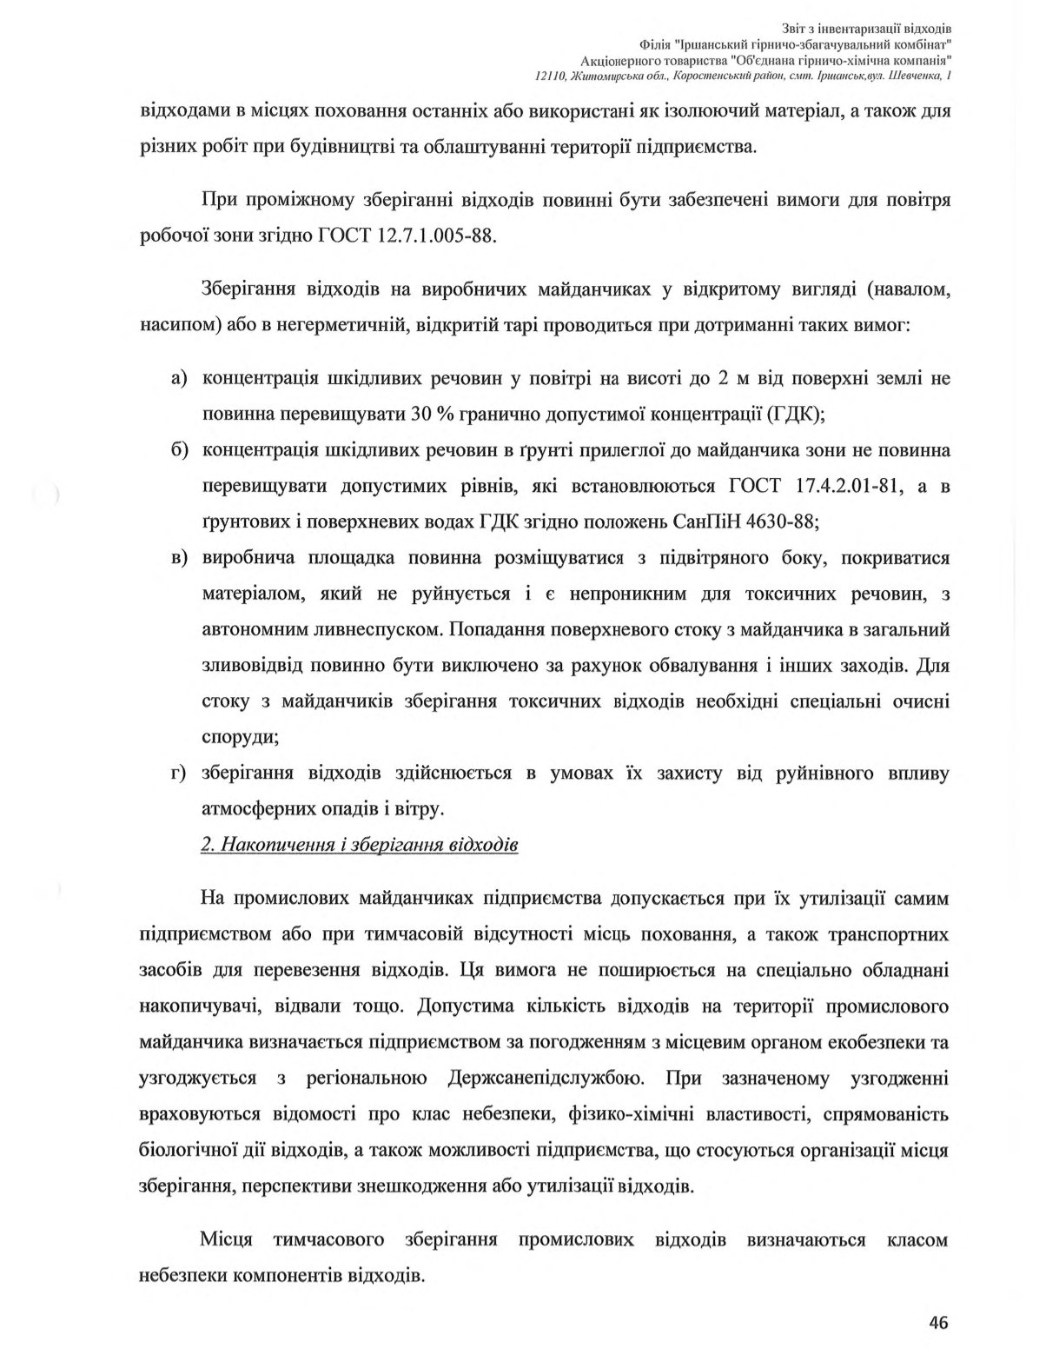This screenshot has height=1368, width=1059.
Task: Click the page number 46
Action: coord(937,1323)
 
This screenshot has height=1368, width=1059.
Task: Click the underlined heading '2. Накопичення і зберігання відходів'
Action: coord(360,845)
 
